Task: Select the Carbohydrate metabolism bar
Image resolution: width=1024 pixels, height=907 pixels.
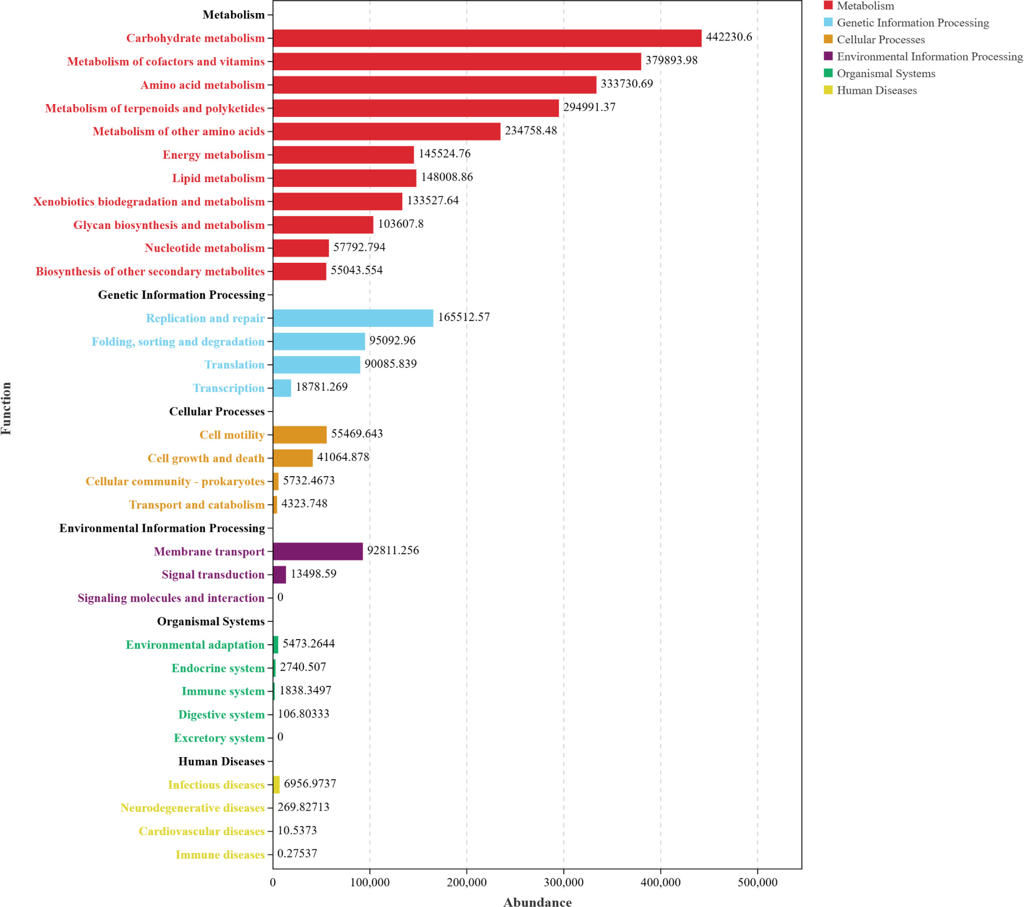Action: pos(487,38)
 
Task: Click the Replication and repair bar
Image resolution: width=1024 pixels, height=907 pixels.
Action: pos(353,318)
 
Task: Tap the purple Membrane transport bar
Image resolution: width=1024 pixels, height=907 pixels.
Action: pos(317,551)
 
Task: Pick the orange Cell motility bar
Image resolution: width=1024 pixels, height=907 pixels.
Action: pos(300,435)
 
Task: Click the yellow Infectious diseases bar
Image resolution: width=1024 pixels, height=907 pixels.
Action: pos(276,784)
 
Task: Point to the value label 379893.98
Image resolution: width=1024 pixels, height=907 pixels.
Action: pos(671,60)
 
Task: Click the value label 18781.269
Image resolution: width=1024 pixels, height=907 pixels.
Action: pos(322,387)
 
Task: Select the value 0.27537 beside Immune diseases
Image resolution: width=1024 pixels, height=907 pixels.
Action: pos(297,853)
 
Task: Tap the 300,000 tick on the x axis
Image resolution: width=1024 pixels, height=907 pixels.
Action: pos(564,883)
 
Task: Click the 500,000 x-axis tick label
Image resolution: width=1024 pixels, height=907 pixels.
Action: pos(758,883)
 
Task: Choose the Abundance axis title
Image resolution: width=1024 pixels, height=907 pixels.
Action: pos(537,902)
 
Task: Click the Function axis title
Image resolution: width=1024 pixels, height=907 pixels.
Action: pos(6,408)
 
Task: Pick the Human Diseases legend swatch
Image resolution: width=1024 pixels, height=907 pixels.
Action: pos(828,90)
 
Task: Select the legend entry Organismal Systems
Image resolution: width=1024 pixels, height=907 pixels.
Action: pos(886,73)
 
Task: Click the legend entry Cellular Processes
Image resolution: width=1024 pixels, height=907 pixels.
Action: pos(880,40)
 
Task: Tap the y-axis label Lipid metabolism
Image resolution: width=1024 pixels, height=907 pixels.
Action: pos(219,178)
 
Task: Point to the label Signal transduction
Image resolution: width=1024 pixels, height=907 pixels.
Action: pos(213,574)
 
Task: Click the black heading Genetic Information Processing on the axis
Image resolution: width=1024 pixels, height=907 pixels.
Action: pos(182,295)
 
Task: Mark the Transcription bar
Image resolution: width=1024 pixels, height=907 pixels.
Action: pos(282,388)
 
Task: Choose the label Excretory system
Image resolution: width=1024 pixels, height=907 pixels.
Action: pos(219,738)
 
